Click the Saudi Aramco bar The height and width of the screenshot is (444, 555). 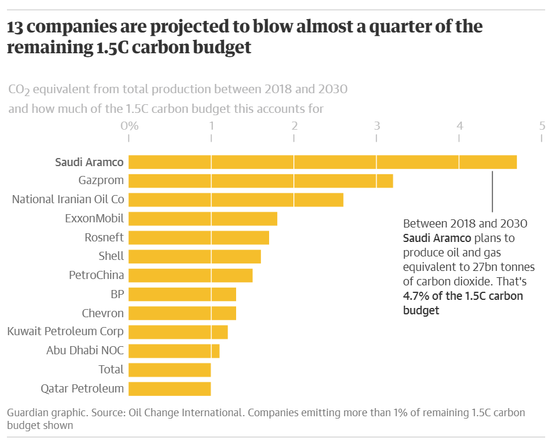tap(322, 162)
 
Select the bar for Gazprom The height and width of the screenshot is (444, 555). tap(260, 181)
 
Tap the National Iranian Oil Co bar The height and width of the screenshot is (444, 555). tap(236, 200)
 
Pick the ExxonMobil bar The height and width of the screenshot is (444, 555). tap(203, 218)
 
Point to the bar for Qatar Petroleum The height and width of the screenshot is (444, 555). tap(170, 388)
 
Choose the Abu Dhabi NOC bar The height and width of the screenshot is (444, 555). tap(174, 351)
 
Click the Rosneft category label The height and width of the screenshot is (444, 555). tap(104, 237)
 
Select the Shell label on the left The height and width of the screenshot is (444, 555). tap(111, 256)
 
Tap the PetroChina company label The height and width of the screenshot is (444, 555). tap(97, 275)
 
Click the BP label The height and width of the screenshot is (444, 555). tap(117, 294)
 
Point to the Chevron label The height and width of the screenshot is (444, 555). tap(103, 313)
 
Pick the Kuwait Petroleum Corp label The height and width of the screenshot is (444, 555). tap(65, 332)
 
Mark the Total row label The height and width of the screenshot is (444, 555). tap(111, 369)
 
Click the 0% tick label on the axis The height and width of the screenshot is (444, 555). tap(128, 126)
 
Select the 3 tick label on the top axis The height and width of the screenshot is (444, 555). tap(377, 126)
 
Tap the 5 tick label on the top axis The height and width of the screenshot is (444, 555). tap(542, 126)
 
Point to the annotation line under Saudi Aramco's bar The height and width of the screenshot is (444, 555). tap(492, 191)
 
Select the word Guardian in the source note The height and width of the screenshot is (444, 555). tap(27, 413)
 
